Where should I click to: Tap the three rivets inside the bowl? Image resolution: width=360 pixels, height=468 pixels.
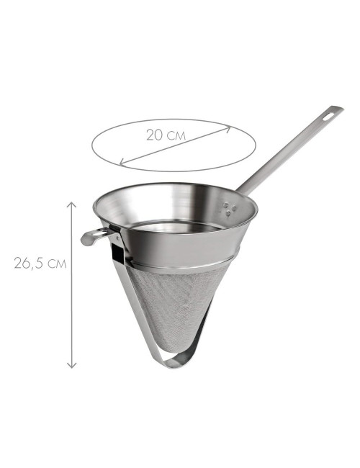pyautogui.click(x=230, y=208)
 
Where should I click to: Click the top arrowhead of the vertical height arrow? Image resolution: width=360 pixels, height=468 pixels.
pyautogui.click(x=71, y=204)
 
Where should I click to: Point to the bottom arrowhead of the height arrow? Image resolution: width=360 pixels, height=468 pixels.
pyautogui.click(x=71, y=365)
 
